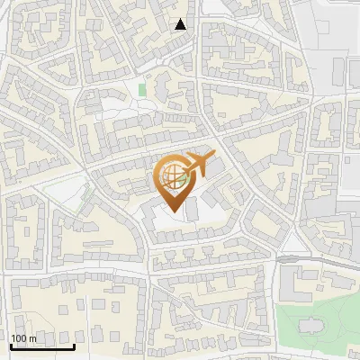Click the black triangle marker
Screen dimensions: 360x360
click(x=181, y=24)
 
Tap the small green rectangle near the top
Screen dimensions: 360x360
click(x=142, y=89)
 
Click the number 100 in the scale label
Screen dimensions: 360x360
click(x=19, y=338)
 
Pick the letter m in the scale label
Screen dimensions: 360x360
click(x=32, y=338)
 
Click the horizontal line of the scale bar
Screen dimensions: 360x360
click(x=42, y=347)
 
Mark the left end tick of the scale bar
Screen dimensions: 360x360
click(x=11, y=345)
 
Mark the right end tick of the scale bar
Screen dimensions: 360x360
click(x=74, y=345)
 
